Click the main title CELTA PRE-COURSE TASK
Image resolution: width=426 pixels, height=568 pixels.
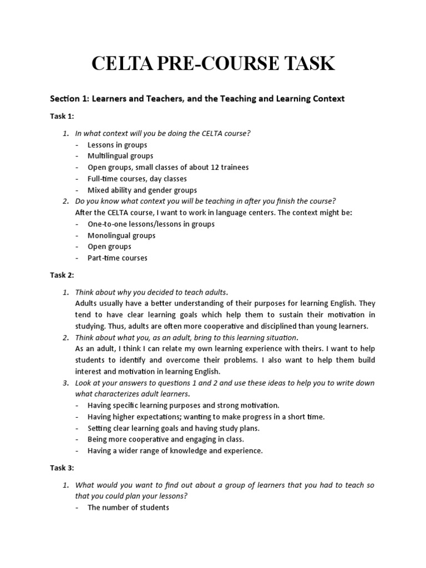coord(213,64)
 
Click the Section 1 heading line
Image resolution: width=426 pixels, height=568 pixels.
coord(197,99)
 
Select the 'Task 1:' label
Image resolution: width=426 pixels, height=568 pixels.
coord(62,116)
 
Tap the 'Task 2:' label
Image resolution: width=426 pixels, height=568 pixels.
coord(62,275)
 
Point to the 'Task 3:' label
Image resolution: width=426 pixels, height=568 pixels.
coord(62,468)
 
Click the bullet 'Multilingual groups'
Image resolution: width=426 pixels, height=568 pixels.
coord(120,156)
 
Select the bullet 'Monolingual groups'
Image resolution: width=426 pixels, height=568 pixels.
coord(121,235)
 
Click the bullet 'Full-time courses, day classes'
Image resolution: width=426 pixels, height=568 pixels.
coord(137,179)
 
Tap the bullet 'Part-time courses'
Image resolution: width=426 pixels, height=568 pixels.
coord(118,258)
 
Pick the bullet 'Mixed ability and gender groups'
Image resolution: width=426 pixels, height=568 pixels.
coord(142,190)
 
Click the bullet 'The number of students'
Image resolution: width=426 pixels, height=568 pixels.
coord(128,508)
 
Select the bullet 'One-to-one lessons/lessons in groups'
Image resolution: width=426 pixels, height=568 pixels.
coord(151,224)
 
